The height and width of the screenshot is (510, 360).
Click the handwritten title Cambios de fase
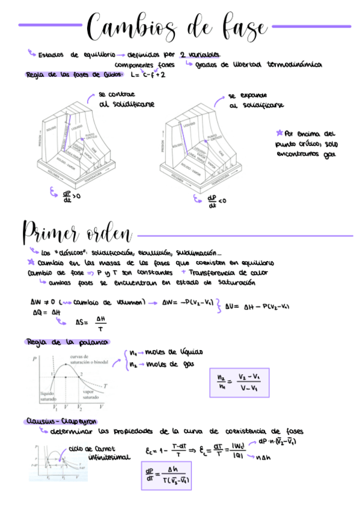(177, 27)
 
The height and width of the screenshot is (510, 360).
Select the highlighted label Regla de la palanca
(67, 342)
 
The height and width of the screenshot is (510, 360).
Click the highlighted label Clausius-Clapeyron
(61, 421)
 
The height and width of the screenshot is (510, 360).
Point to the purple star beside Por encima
(279, 132)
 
